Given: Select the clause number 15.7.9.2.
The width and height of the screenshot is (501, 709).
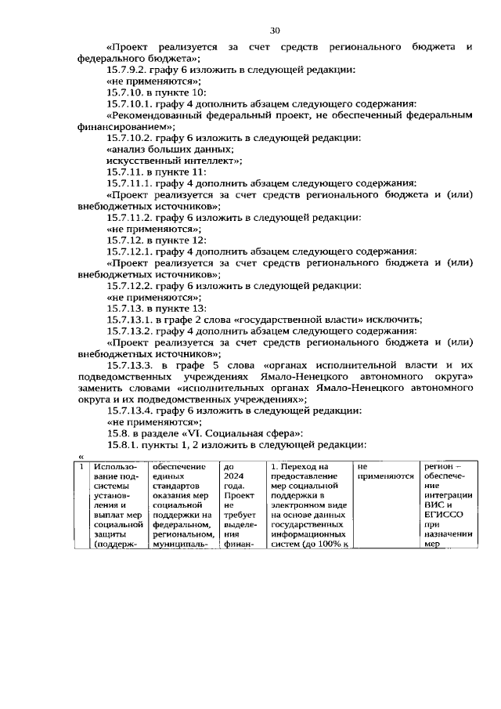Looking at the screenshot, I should [x=128, y=69].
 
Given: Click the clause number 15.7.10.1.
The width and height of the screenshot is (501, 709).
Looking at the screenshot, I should [x=131, y=103].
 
